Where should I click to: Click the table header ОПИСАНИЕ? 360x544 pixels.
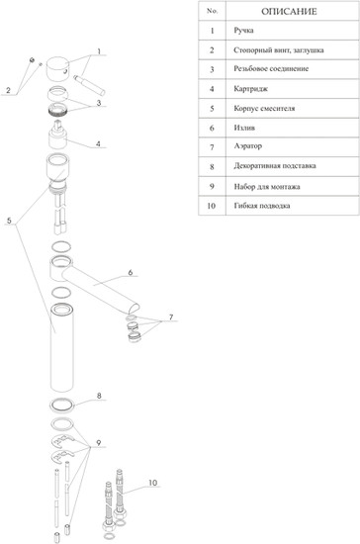289,12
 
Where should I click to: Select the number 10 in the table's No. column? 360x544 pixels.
212,206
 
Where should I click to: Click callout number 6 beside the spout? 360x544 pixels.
131,272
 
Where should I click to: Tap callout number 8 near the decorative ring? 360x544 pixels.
99,396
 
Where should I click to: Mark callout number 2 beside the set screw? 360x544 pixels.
8,91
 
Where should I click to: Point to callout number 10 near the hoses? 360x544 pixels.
153,483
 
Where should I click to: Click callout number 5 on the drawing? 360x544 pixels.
9,221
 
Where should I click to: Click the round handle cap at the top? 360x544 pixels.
57,69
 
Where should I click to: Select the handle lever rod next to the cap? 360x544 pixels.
89,86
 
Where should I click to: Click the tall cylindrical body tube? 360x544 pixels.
62,347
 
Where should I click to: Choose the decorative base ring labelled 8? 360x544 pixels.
62,405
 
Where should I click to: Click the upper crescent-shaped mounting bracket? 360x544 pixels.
62,442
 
